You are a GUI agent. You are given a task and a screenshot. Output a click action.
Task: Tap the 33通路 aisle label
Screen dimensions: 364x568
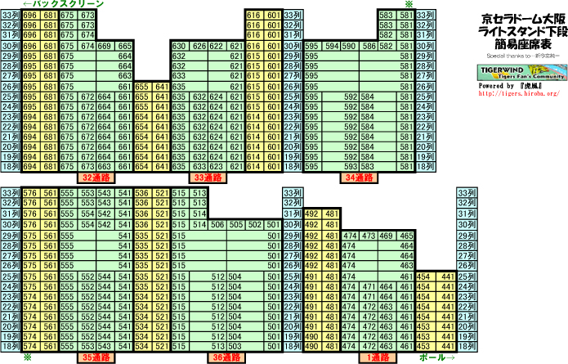(208, 177)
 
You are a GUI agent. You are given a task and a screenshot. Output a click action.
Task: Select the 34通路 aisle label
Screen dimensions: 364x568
(360, 177)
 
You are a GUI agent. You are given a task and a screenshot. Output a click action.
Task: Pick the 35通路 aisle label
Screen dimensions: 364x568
(96, 357)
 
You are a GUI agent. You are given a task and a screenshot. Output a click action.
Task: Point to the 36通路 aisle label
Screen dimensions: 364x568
(226, 357)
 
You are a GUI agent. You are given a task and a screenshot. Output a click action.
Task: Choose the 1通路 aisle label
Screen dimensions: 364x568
(377, 357)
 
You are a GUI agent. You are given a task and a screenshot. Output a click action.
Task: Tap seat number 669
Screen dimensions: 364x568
(106, 46)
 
